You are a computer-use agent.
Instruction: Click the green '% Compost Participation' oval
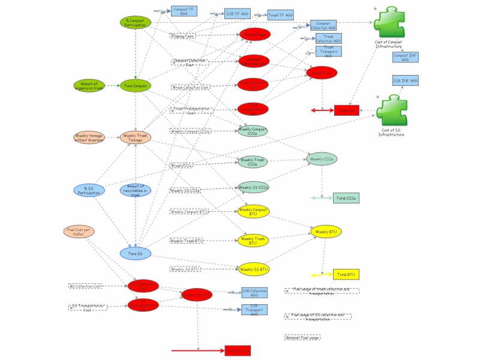[135, 22]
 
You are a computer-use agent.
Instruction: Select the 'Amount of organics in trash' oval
[89, 86]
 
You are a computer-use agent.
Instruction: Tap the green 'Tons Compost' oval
[135, 86]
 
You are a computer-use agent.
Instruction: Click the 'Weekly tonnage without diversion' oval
[89, 137]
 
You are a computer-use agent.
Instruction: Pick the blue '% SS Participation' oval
[89, 190]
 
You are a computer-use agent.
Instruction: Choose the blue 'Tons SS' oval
[136, 253]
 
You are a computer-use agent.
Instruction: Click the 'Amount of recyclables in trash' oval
[136, 190]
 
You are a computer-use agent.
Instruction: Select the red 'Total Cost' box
[346, 110]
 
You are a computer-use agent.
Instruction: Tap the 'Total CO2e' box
[346, 197]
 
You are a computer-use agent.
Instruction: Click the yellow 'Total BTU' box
[346, 274]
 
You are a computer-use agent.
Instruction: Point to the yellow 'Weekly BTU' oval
[326, 232]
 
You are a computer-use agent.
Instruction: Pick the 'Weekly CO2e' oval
[322, 159]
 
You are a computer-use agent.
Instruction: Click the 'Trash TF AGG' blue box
[280, 14]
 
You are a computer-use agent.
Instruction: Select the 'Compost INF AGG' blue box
[406, 57]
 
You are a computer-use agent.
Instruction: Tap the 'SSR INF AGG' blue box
[406, 80]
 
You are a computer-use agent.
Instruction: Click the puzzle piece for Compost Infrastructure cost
[389, 25]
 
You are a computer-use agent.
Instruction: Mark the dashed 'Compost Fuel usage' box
[302, 338]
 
